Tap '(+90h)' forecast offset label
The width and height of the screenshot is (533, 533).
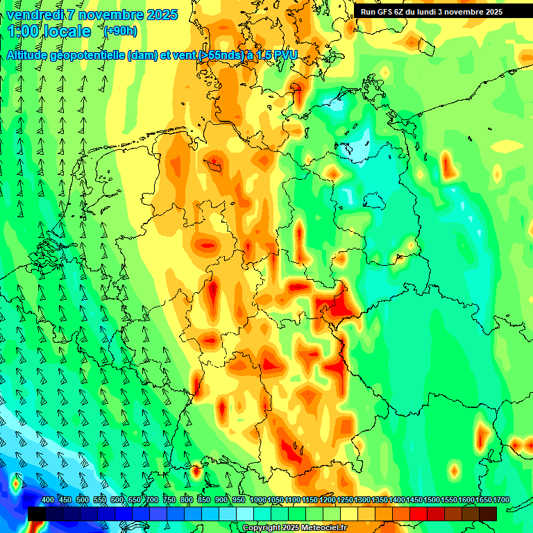121,31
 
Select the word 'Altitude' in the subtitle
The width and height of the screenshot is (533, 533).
31,55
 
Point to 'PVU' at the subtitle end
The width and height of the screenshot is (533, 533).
283,55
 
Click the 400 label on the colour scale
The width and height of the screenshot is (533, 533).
48,500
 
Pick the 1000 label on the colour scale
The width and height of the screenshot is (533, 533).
258,500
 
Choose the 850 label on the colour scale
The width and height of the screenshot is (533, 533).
204,500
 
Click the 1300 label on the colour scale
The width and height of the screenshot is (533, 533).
362,500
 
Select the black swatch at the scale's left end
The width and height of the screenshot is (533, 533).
37,514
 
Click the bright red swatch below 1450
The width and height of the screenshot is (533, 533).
418,514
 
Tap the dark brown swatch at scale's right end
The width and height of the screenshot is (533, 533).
488,514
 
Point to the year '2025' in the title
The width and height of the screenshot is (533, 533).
160,15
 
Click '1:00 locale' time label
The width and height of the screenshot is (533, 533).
49,31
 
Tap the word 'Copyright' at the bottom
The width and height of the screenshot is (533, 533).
261,528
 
